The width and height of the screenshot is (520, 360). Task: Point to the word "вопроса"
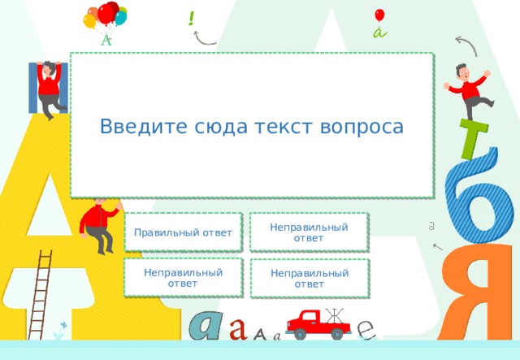click(363, 128)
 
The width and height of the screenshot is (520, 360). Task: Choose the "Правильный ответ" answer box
click(184, 233)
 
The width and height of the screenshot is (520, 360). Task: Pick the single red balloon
click(379, 15)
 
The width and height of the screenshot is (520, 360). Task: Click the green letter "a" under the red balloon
click(379, 33)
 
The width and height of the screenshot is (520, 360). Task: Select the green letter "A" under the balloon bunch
click(106, 39)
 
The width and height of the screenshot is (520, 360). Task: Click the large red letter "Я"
click(482, 293)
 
